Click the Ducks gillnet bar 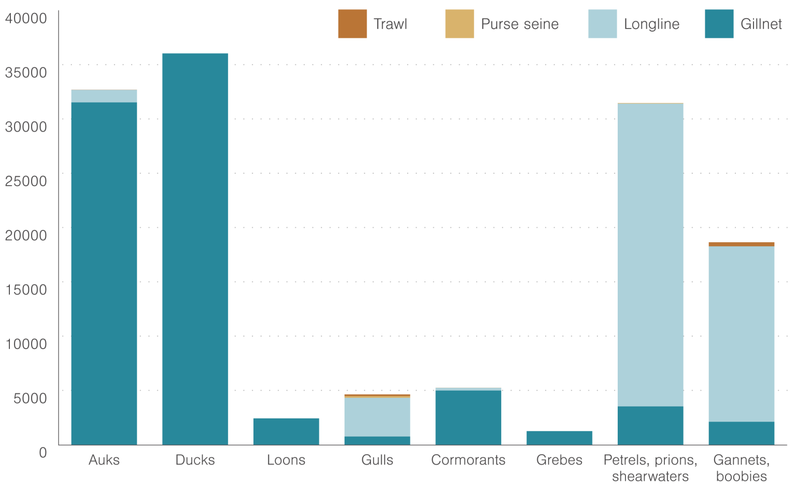coord(195,249)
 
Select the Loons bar coord(286,431)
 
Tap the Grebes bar coord(559,438)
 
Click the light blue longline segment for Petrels coord(650,255)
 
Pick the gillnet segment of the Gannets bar coord(741,433)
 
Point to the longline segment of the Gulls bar coord(377,417)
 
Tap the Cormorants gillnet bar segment coord(468,417)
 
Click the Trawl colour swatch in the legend coord(352,24)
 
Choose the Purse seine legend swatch coord(459,24)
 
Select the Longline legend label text coord(651,24)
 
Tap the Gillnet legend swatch coord(719,24)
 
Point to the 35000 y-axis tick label coord(26,72)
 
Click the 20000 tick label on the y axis coord(26,235)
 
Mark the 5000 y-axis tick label coord(30,398)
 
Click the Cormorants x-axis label coord(468,460)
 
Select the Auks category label coord(104,460)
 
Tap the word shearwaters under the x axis coord(650,476)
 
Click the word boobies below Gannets coord(741,476)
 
